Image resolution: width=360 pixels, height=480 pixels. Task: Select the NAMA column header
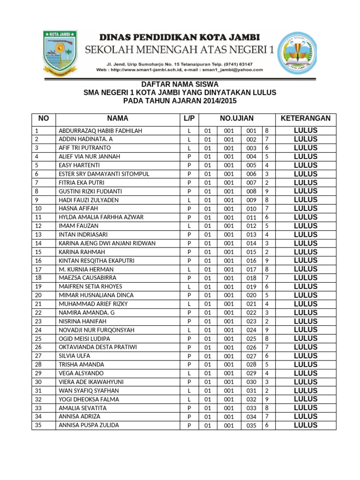pos(117,119)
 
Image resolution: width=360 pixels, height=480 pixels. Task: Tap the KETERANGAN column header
pos(305,119)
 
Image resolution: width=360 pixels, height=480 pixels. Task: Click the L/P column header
pos(189,119)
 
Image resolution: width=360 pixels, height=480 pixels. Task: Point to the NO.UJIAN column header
pos(237,119)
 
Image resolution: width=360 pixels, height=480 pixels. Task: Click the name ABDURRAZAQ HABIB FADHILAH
pos(100,131)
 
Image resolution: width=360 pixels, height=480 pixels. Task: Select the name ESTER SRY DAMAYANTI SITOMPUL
pos(104,174)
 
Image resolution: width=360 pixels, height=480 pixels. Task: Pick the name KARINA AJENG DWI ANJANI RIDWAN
pos(107,243)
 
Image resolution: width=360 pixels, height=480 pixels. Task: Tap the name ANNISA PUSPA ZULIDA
pos(89,425)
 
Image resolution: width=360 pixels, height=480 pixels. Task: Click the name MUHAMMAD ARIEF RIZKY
pos(93,304)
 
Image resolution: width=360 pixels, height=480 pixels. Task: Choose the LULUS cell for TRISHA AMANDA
pos(305,364)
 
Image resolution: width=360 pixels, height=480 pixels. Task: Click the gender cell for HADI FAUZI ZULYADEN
pos(189,200)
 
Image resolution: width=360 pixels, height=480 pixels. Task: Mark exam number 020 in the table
pos(251,295)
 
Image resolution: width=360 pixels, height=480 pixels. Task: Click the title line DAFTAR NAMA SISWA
pos(180,84)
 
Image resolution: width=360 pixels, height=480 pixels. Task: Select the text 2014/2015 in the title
pos(218,101)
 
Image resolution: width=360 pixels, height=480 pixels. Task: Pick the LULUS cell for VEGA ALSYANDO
pos(305,373)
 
